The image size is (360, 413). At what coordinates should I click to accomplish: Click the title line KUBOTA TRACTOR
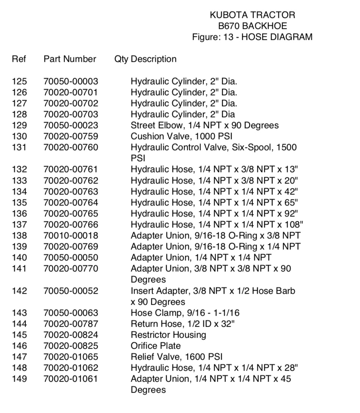click(252, 15)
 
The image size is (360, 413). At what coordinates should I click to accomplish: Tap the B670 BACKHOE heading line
click(252, 26)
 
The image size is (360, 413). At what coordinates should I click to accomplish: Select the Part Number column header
click(70, 59)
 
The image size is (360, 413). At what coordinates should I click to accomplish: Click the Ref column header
click(19, 59)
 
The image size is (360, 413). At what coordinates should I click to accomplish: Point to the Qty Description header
click(146, 59)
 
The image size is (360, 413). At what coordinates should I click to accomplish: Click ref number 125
click(20, 81)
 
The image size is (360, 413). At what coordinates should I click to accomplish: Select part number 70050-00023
click(70, 125)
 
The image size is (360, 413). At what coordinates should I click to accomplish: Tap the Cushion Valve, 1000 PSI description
click(182, 136)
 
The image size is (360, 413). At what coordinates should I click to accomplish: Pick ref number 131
click(20, 147)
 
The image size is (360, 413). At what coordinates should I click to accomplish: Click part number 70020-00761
click(70, 169)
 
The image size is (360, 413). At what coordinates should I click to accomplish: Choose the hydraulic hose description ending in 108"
click(217, 224)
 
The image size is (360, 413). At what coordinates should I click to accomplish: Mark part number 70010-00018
click(70, 235)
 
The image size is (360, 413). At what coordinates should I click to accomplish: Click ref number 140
click(20, 258)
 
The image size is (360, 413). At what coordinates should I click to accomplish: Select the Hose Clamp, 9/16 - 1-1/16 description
click(185, 313)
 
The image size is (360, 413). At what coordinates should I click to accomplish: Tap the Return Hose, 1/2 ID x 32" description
click(183, 324)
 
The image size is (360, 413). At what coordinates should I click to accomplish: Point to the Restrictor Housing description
click(168, 335)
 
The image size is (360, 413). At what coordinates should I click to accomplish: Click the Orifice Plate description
click(156, 346)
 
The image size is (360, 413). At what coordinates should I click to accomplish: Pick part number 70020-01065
click(70, 357)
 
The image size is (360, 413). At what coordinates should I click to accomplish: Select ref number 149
click(20, 379)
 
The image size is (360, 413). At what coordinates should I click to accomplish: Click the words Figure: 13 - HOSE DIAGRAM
click(252, 37)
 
